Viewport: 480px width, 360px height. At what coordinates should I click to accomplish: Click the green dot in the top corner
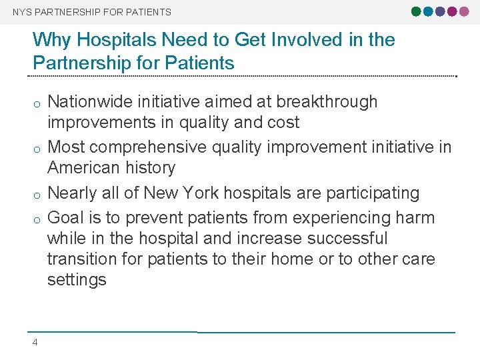coord(417,11)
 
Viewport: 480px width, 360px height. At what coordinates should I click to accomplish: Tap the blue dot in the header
coord(428,11)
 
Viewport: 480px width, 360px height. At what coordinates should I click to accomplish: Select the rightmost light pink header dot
coord(463,11)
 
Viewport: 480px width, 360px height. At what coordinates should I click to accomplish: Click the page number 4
coord(35,343)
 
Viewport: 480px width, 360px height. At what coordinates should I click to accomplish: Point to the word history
coord(151,168)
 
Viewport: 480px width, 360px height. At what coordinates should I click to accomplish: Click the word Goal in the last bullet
coord(67,218)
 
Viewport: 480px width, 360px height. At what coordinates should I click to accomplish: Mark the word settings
coord(77,280)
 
